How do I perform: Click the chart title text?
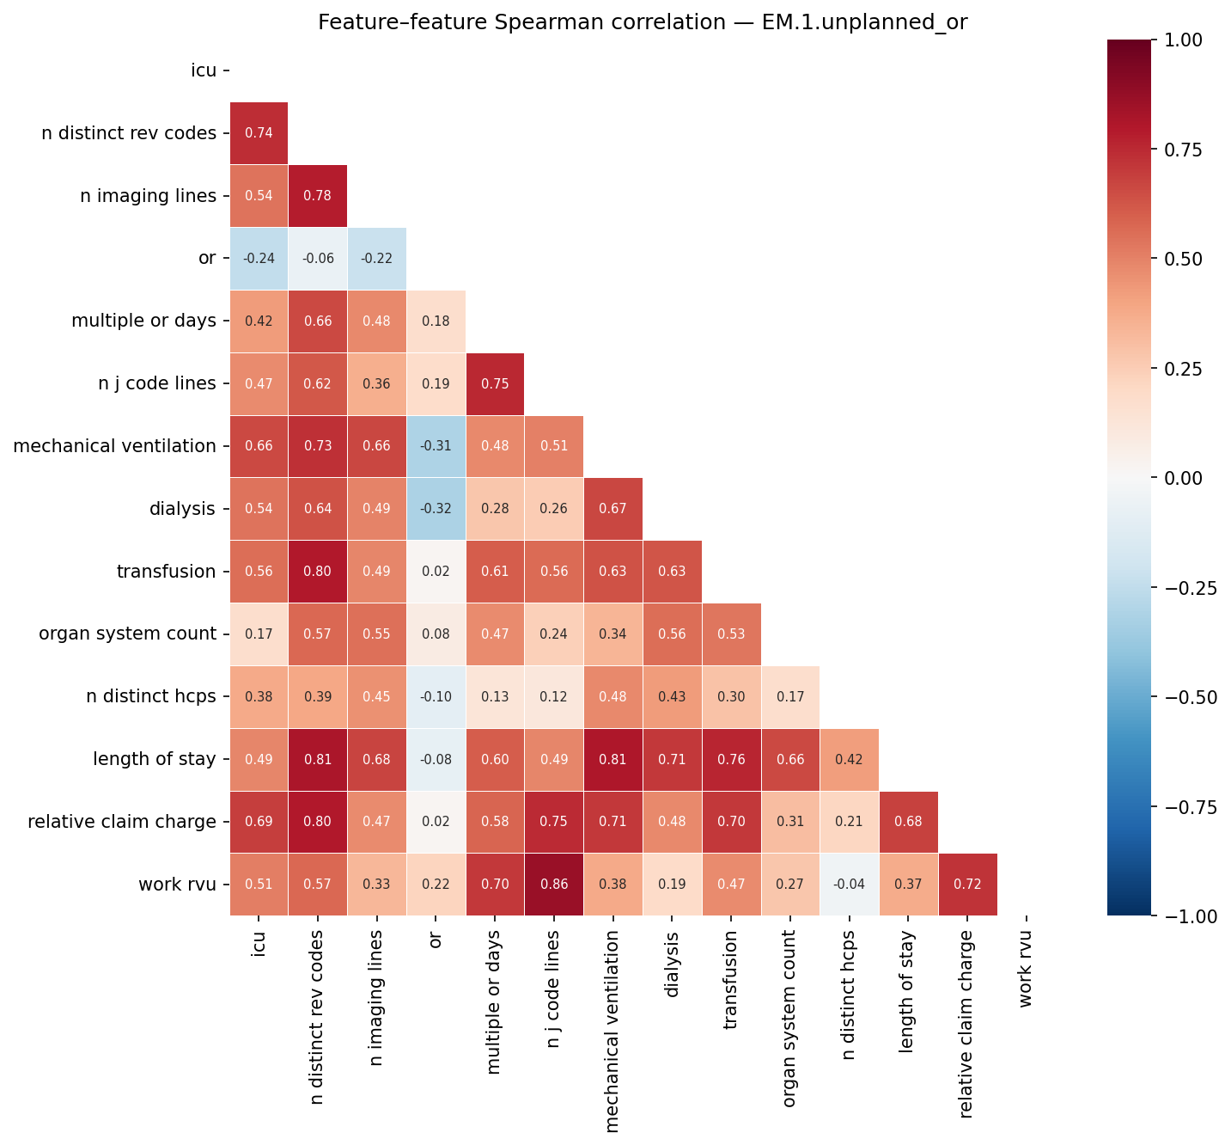(643, 23)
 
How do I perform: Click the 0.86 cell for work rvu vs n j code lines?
(554, 885)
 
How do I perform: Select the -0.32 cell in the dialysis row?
(436, 509)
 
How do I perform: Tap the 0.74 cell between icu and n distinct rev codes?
(259, 133)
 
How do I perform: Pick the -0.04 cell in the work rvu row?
(850, 885)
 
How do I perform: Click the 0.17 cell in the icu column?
(259, 634)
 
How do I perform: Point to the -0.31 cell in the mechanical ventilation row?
(436, 446)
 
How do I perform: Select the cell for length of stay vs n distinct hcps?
(850, 759)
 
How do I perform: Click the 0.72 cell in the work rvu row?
(968, 885)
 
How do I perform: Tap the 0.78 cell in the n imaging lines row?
(318, 196)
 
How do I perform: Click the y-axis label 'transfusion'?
(167, 572)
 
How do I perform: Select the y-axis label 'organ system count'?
(127, 634)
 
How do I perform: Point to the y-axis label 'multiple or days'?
(143, 321)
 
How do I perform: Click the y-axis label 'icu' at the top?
(204, 70)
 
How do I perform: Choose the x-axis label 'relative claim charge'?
(967, 1024)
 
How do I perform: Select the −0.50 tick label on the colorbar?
(1188, 697)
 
